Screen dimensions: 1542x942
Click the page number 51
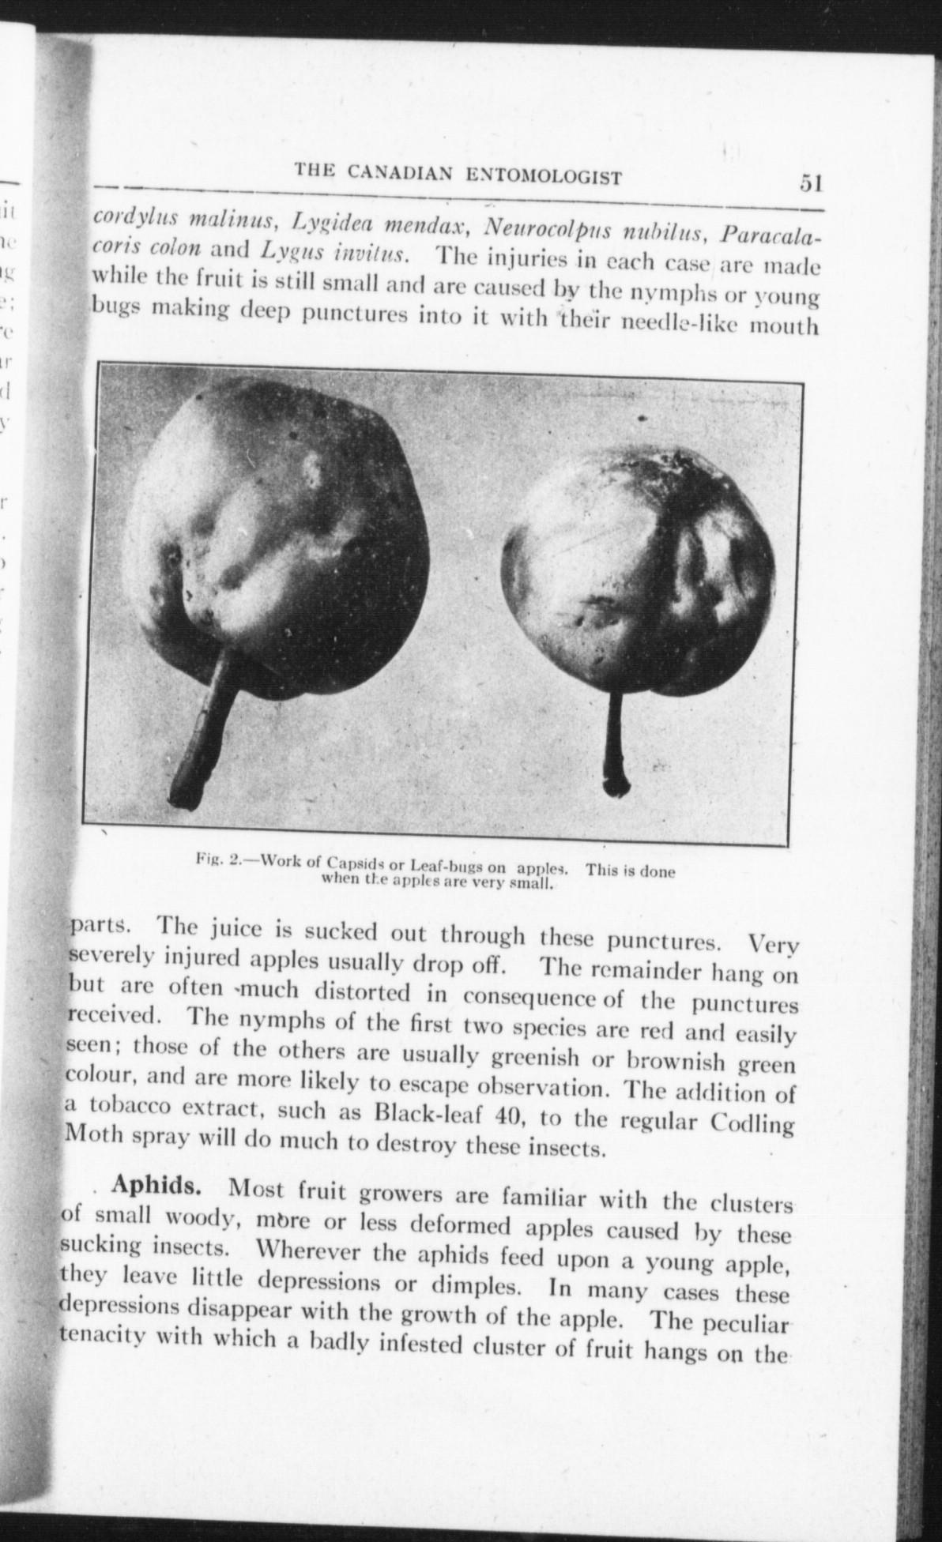click(x=811, y=183)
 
